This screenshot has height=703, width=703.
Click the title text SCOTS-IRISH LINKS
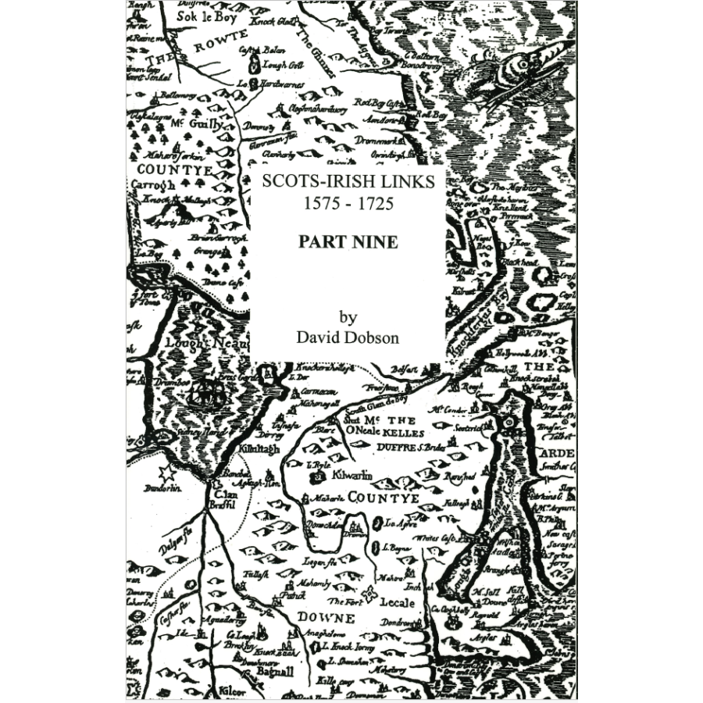coord(348,180)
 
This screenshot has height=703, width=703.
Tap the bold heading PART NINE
coord(348,242)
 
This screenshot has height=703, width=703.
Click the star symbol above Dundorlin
coord(166,473)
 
